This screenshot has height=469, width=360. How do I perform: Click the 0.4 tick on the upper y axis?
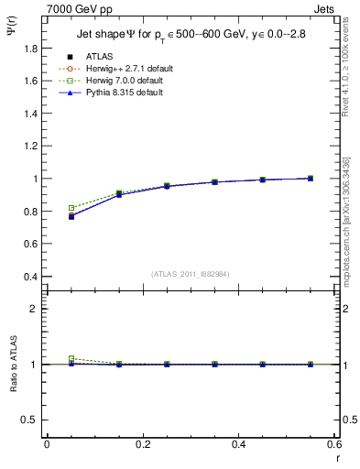click(x=32, y=277)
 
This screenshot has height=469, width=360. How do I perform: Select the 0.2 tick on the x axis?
click(x=142, y=444)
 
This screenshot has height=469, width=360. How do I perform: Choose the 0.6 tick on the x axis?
click(x=334, y=444)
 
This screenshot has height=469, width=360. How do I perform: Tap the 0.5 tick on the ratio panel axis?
click(x=32, y=420)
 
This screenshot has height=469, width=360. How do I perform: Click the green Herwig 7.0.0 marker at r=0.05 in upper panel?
click(x=71, y=208)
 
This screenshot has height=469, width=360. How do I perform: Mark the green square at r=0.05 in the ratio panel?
click(x=71, y=359)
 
